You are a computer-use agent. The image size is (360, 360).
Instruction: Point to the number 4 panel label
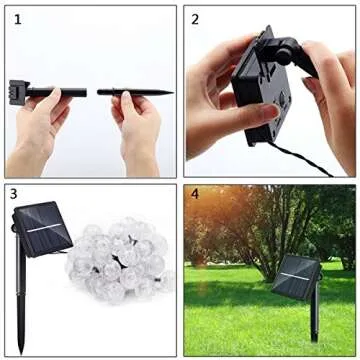click(196, 193)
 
